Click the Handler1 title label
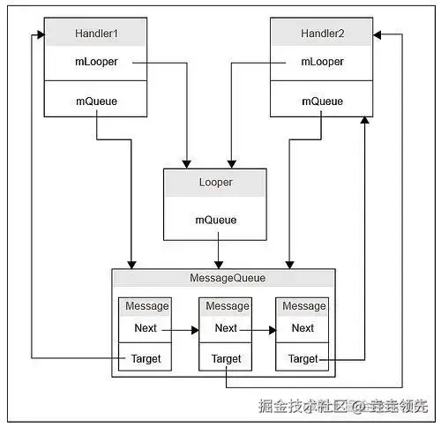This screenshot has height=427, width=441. pos(96,34)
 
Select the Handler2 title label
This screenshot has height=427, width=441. pos(322,34)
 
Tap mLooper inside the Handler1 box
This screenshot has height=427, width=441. pos(96,62)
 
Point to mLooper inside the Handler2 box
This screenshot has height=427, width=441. pos(322,62)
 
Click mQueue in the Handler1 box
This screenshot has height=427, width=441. pos(96,101)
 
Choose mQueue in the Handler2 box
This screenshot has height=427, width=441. pos(322,101)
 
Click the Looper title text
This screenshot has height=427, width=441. pos(216,183)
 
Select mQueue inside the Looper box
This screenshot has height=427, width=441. pos(216,220)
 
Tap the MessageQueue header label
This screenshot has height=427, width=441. pos(228,278)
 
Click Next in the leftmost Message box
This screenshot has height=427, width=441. pos(146,328)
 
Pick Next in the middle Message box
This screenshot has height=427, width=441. pos(226,328)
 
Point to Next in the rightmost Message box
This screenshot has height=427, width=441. pos(303,328)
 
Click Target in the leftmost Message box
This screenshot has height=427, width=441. pos(146,359)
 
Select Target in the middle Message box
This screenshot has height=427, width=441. pos(226,359)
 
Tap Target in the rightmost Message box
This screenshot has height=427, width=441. pos(303,359)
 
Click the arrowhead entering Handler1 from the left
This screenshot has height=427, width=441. pos(41,35)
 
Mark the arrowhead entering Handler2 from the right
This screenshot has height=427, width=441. pos(377,35)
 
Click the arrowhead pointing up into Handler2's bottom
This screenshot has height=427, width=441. pos(364,120)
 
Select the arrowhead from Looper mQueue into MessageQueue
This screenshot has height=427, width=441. pos(219,265)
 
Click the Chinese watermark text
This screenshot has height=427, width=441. pos(343,406)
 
